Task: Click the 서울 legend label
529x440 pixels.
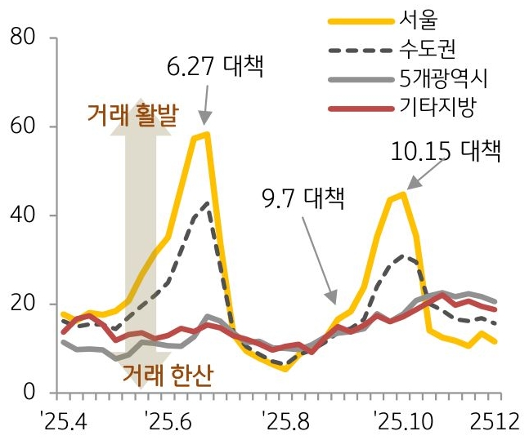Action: pos(419,19)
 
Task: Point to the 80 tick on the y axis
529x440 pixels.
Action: pos(22,38)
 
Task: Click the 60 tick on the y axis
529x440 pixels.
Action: pos(22,127)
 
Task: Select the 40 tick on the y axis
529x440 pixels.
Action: pos(22,216)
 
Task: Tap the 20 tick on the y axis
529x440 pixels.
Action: pos(22,304)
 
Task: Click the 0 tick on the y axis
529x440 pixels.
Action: pos(29,393)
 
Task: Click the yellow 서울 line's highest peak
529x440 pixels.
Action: pos(208,134)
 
